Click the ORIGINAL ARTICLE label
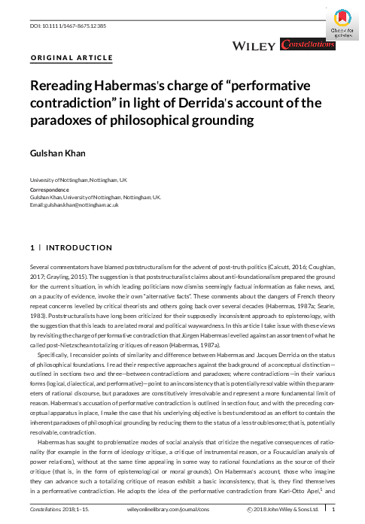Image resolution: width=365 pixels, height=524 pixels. [x=71, y=57]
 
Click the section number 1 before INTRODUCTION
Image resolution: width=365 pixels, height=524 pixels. [x=31, y=248]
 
